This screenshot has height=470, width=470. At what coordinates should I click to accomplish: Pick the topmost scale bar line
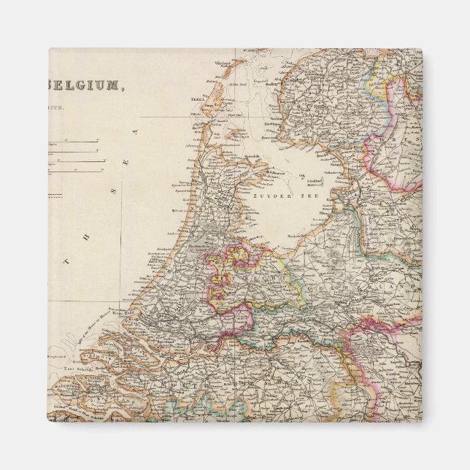pyautogui.click(x=73, y=141)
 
